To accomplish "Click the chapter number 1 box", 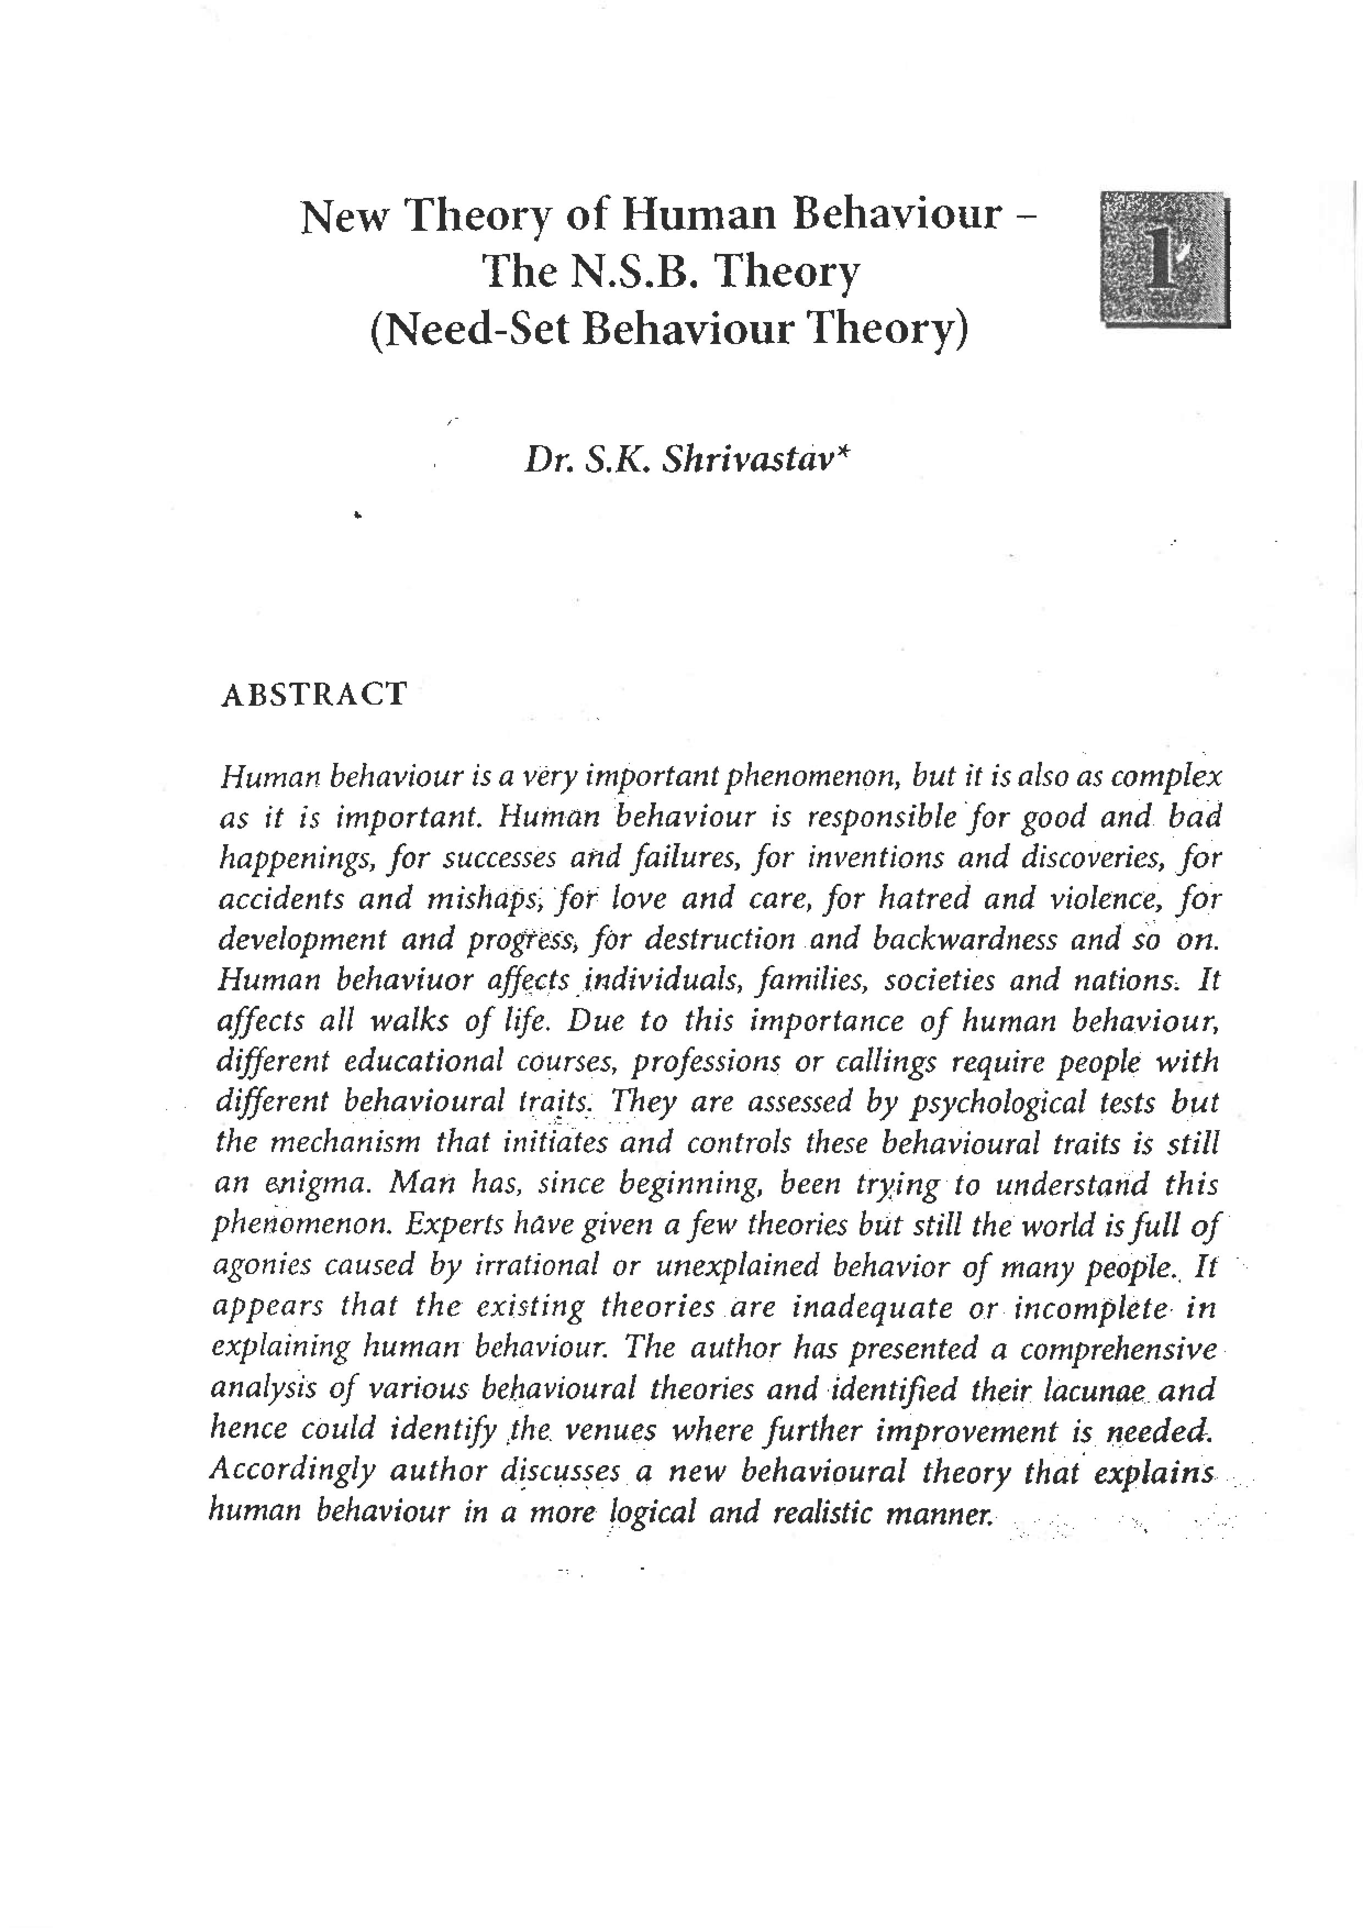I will pyautogui.click(x=1164, y=259).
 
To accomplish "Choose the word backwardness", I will pyautogui.click(x=964, y=939).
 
